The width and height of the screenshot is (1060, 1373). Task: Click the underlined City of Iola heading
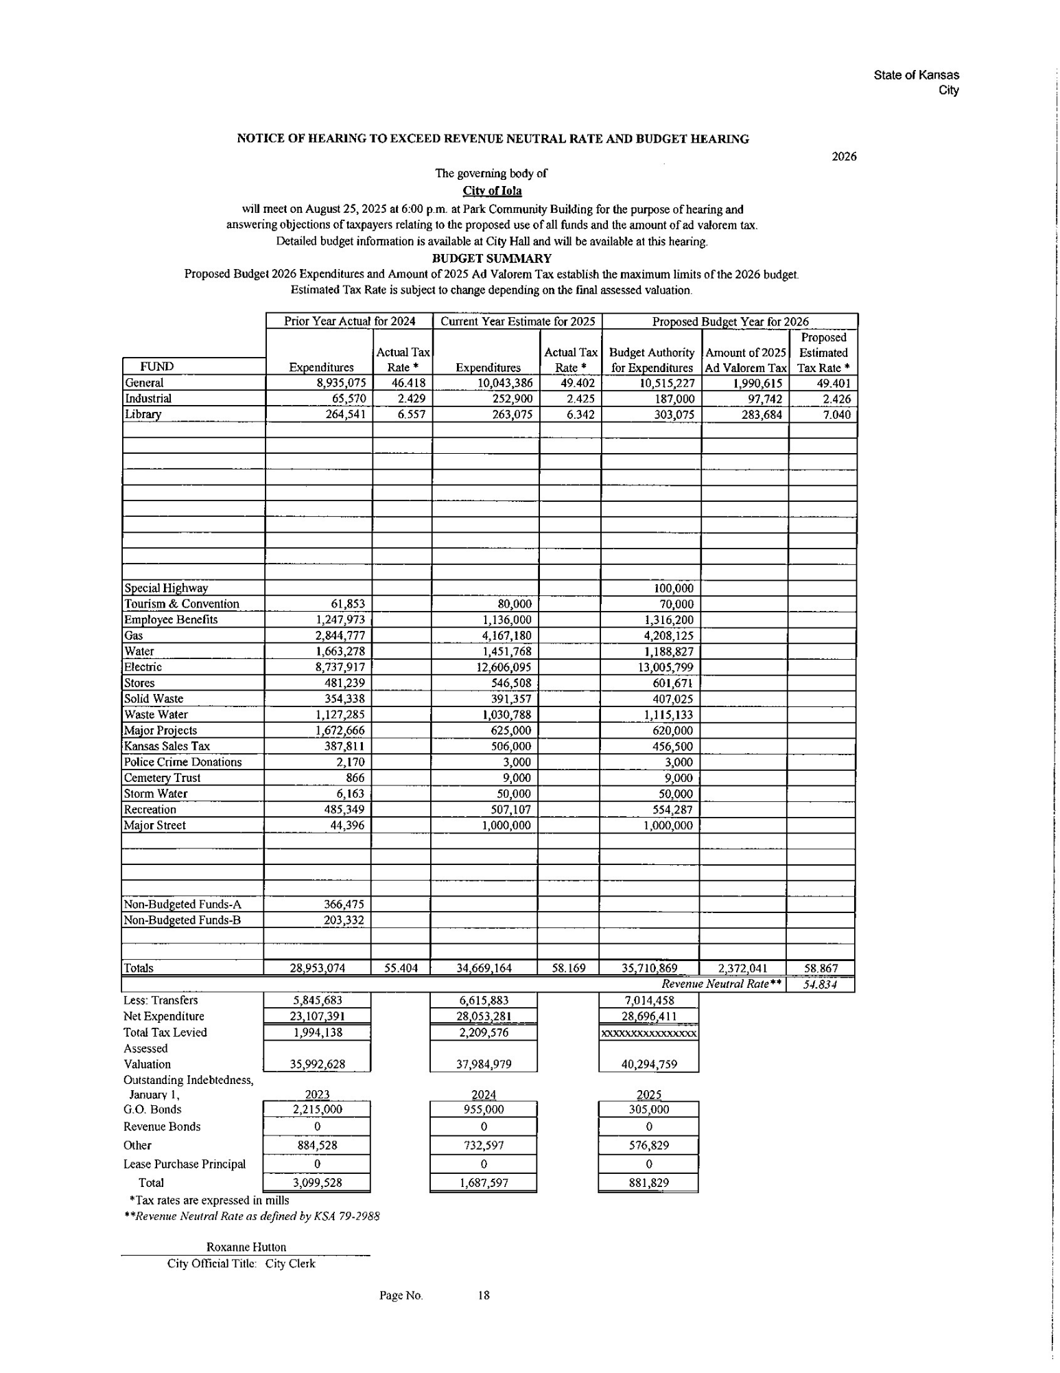tap(492, 191)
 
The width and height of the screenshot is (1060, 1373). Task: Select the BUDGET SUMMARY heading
tap(491, 258)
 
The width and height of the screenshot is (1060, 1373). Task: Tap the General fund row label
tap(144, 383)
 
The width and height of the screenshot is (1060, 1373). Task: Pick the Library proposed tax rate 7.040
tap(836, 415)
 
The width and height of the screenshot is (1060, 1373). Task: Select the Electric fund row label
tap(143, 667)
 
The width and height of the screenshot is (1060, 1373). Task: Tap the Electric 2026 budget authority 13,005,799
tap(665, 667)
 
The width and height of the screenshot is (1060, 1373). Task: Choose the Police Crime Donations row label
tap(182, 762)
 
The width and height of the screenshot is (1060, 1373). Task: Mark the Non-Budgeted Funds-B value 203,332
tap(344, 920)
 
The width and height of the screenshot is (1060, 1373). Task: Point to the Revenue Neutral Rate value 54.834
tap(821, 984)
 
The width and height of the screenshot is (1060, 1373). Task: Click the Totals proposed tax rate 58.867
tap(821, 969)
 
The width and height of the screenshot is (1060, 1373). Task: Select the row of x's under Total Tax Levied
tap(649, 1033)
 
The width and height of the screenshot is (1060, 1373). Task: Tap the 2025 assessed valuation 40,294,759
tap(649, 1065)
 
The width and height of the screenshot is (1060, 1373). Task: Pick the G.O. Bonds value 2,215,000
tap(317, 1109)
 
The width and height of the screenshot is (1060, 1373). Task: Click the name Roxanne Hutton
tap(246, 1247)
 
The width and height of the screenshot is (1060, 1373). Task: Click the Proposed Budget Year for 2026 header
tap(730, 321)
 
